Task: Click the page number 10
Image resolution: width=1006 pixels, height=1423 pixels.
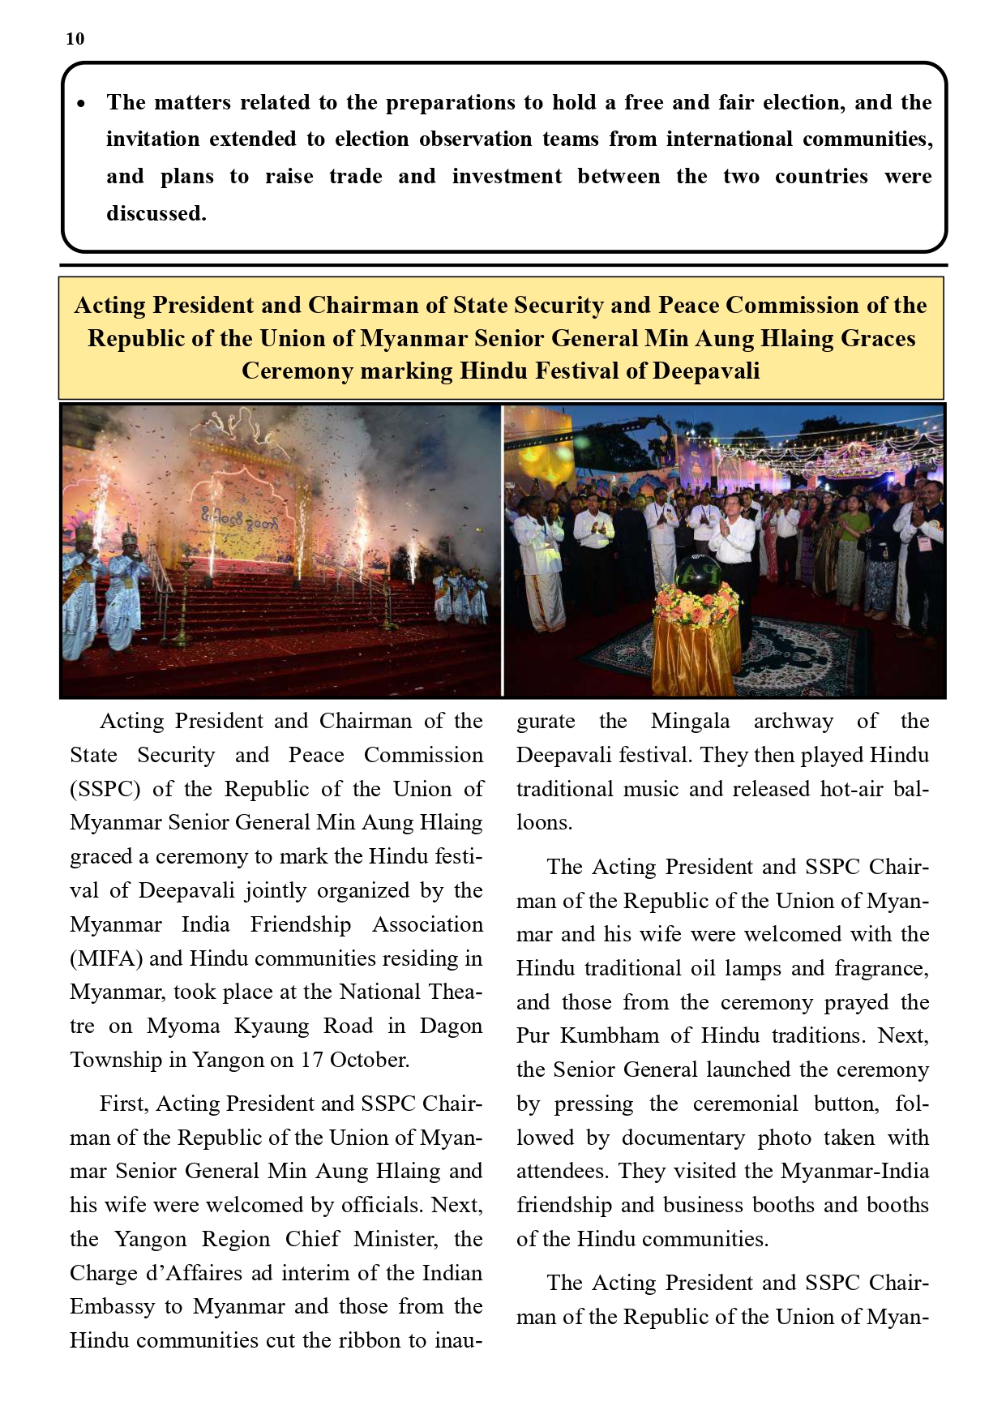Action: (75, 39)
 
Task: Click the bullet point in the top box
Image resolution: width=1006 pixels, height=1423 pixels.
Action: (81, 105)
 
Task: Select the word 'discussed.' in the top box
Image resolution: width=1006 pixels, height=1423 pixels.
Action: (156, 213)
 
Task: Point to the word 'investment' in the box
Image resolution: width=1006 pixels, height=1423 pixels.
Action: (507, 177)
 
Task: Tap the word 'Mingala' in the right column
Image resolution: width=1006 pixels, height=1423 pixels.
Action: (690, 721)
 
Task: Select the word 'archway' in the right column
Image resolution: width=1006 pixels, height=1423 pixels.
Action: (793, 721)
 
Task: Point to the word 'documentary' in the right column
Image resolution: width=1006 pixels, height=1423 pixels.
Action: (683, 1138)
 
